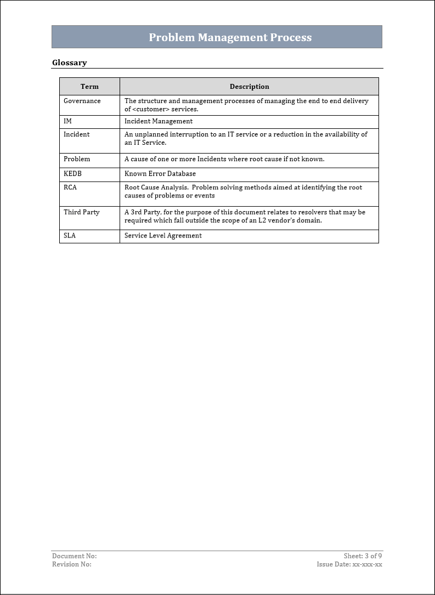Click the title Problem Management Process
click(230, 37)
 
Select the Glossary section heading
click(69, 63)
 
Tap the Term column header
click(89, 87)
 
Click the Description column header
click(249, 87)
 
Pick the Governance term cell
click(82, 101)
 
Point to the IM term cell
click(67, 121)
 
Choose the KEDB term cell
click(72, 174)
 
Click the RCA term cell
click(70, 188)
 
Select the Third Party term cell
click(82, 212)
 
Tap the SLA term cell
click(70, 236)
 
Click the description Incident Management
click(159, 121)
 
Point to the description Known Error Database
click(160, 174)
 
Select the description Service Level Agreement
click(163, 236)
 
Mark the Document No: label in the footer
click(75, 556)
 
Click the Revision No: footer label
click(72, 564)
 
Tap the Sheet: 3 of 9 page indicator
click(363, 556)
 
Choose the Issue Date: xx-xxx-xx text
click(349, 564)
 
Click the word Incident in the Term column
click(77, 134)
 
